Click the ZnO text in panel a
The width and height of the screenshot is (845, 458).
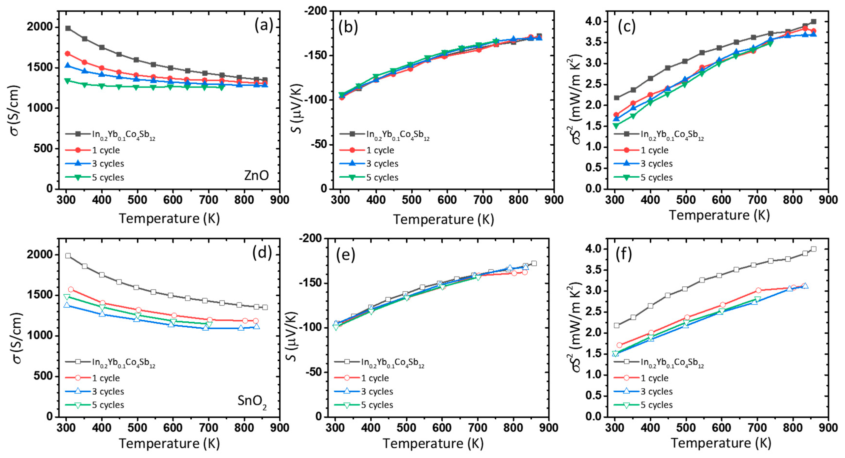[x=256, y=176]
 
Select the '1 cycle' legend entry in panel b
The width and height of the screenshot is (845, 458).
[x=380, y=150]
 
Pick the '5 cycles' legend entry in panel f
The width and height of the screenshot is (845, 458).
[x=656, y=405]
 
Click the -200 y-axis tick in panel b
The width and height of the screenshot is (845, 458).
[x=316, y=11]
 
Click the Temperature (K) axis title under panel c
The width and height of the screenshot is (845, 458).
[x=719, y=215]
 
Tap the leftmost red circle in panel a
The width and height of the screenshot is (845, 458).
[x=68, y=54]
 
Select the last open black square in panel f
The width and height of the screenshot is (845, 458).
[x=813, y=249]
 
